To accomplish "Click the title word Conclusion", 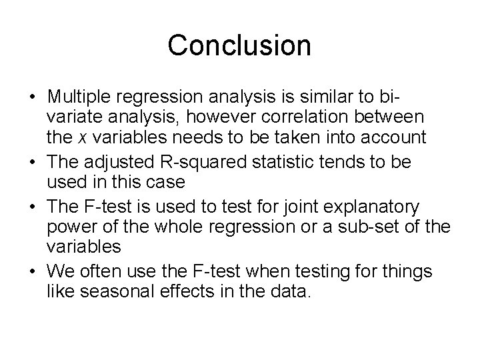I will pos(239,45).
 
